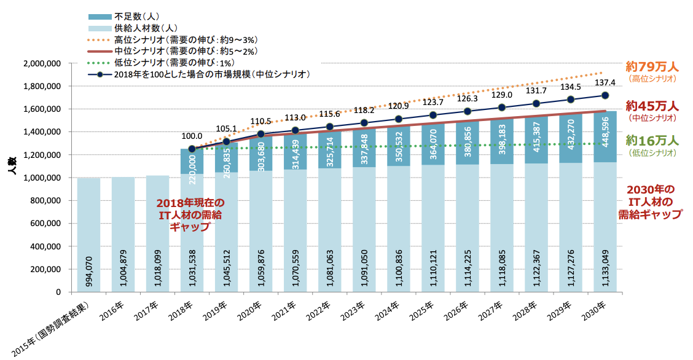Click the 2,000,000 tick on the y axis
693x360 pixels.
[42, 63]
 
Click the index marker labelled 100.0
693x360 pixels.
[192, 149]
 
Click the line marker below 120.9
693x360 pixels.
[398, 119]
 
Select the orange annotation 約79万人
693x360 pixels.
[652, 66]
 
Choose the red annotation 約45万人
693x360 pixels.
[652, 105]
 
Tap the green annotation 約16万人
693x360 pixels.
[652, 140]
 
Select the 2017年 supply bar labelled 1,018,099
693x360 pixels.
[158, 233]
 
